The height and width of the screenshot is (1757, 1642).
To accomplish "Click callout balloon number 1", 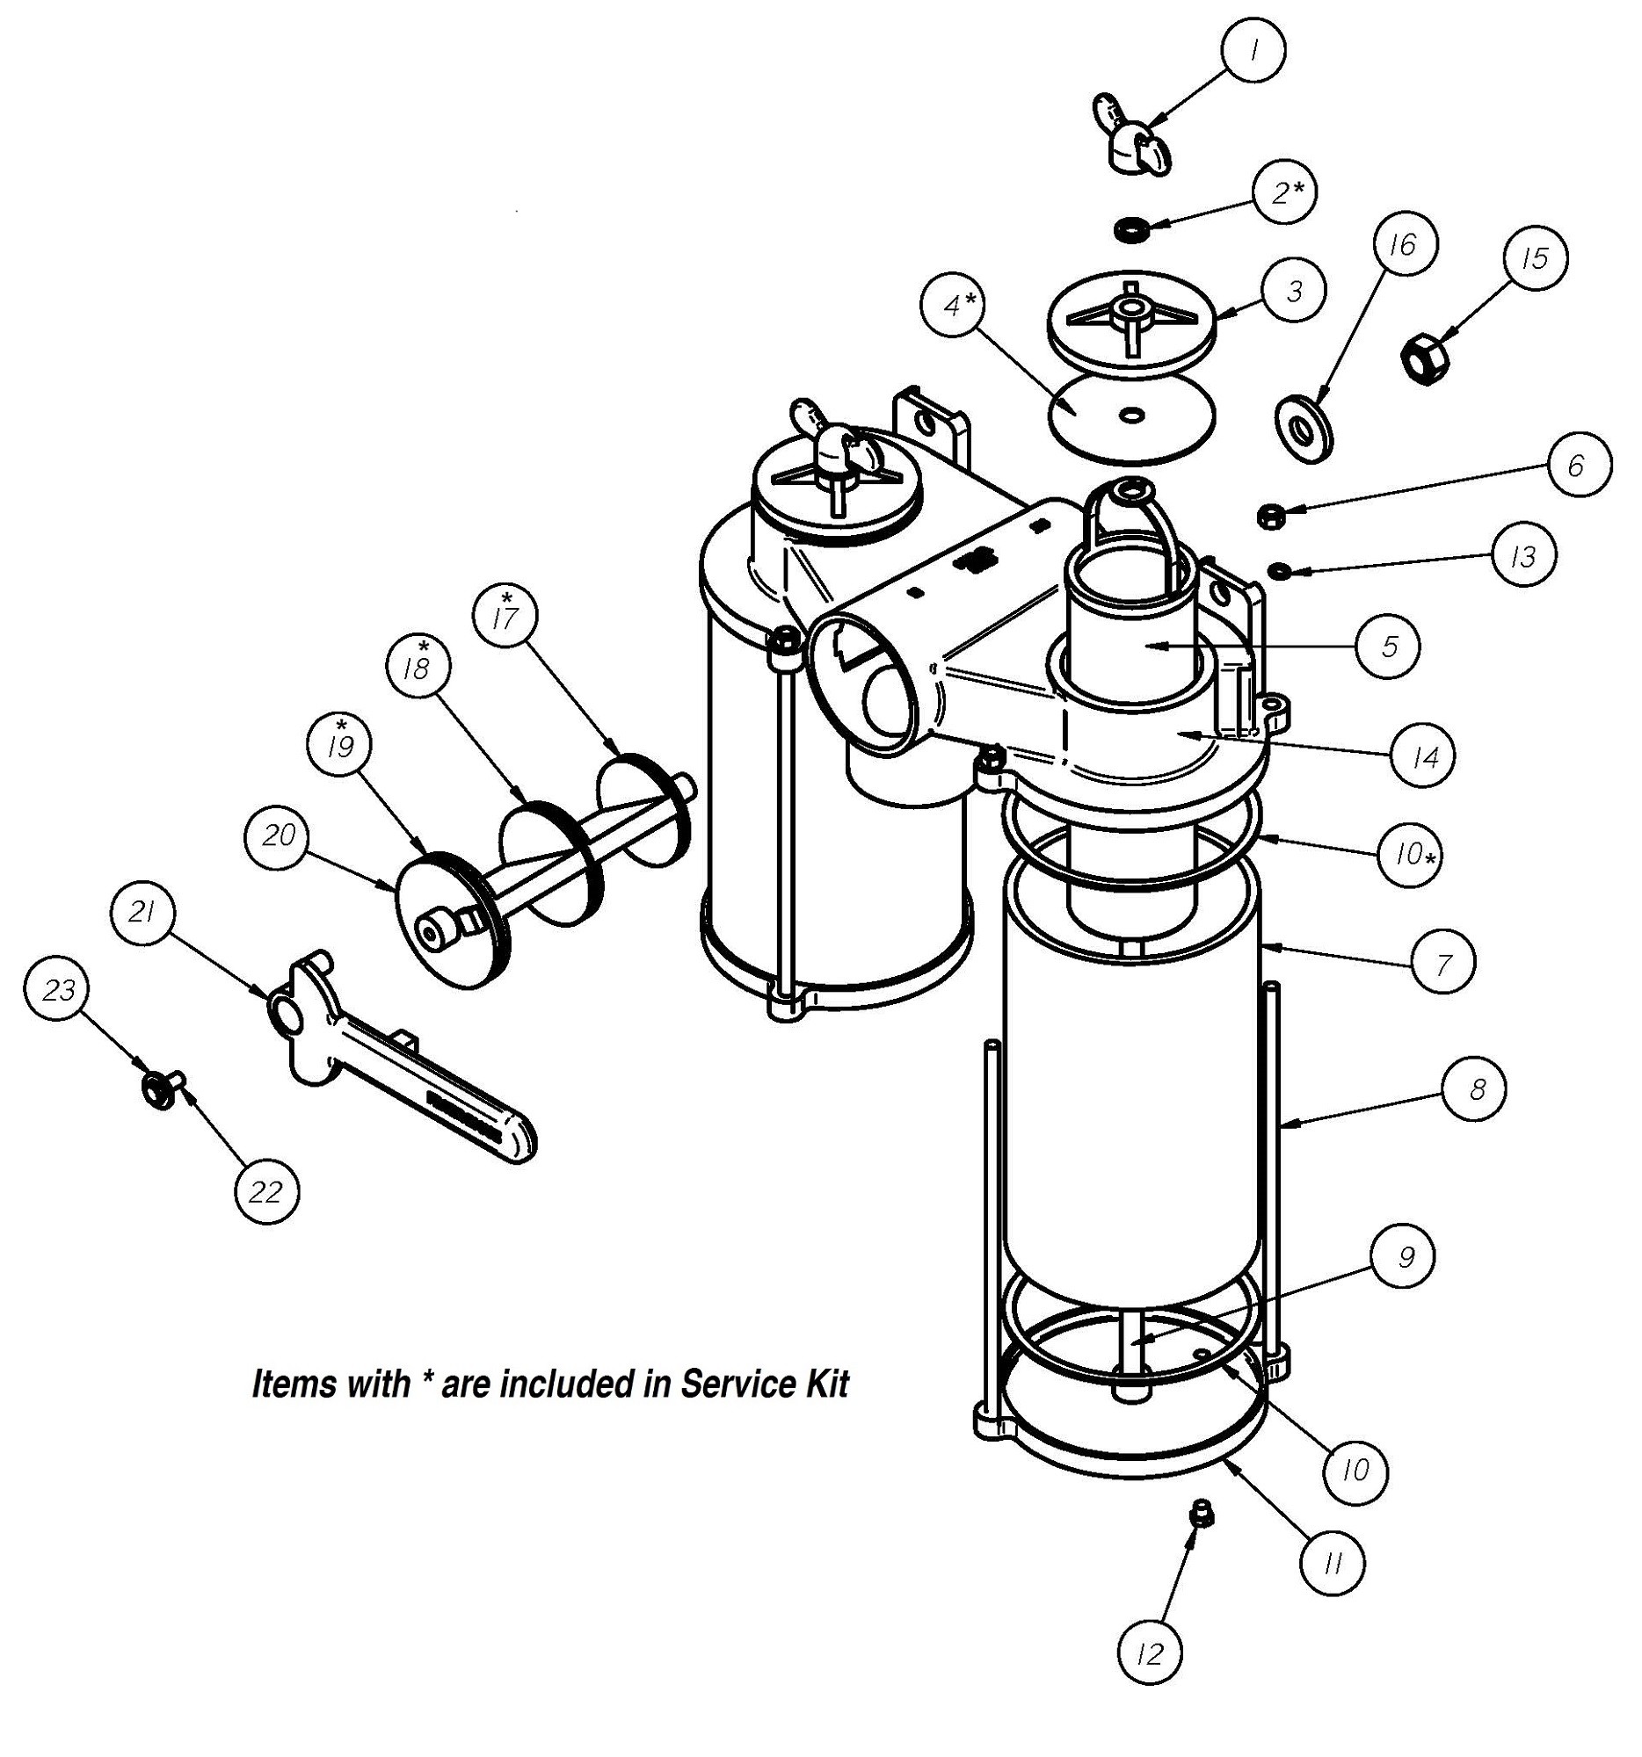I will click(x=1252, y=51).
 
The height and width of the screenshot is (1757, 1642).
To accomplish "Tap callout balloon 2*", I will click(x=1284, y=192).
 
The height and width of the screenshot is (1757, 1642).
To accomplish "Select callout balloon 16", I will click(x=1404, y=243).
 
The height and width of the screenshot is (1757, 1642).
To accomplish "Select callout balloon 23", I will click(x=59, y=990).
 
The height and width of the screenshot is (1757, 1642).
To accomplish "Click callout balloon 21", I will click(x=144, y=913).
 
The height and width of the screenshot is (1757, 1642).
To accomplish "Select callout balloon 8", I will click(x=1475, y=1089).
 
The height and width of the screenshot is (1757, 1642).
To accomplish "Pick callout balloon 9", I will click(x=1403, y=1256).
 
